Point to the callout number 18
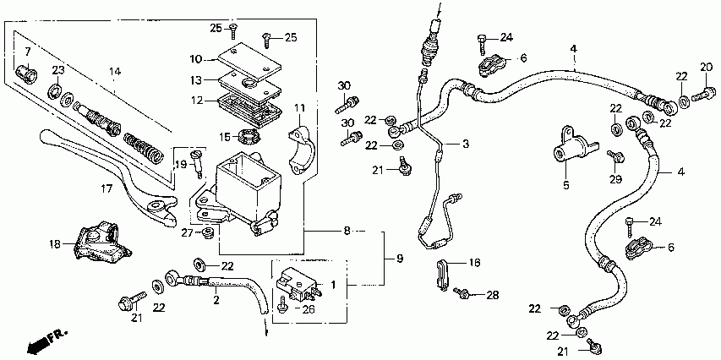tap(55, 244)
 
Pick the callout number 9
tap(399, 259)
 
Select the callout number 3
tap(466, 145)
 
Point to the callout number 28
tap(492, 295)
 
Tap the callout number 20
tap(706, 67)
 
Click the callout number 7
tap(28, 49)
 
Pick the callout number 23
tap(58, 70)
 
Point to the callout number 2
tap(216, 301)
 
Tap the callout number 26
tap(308, 310)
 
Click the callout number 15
tap(224, 137)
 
